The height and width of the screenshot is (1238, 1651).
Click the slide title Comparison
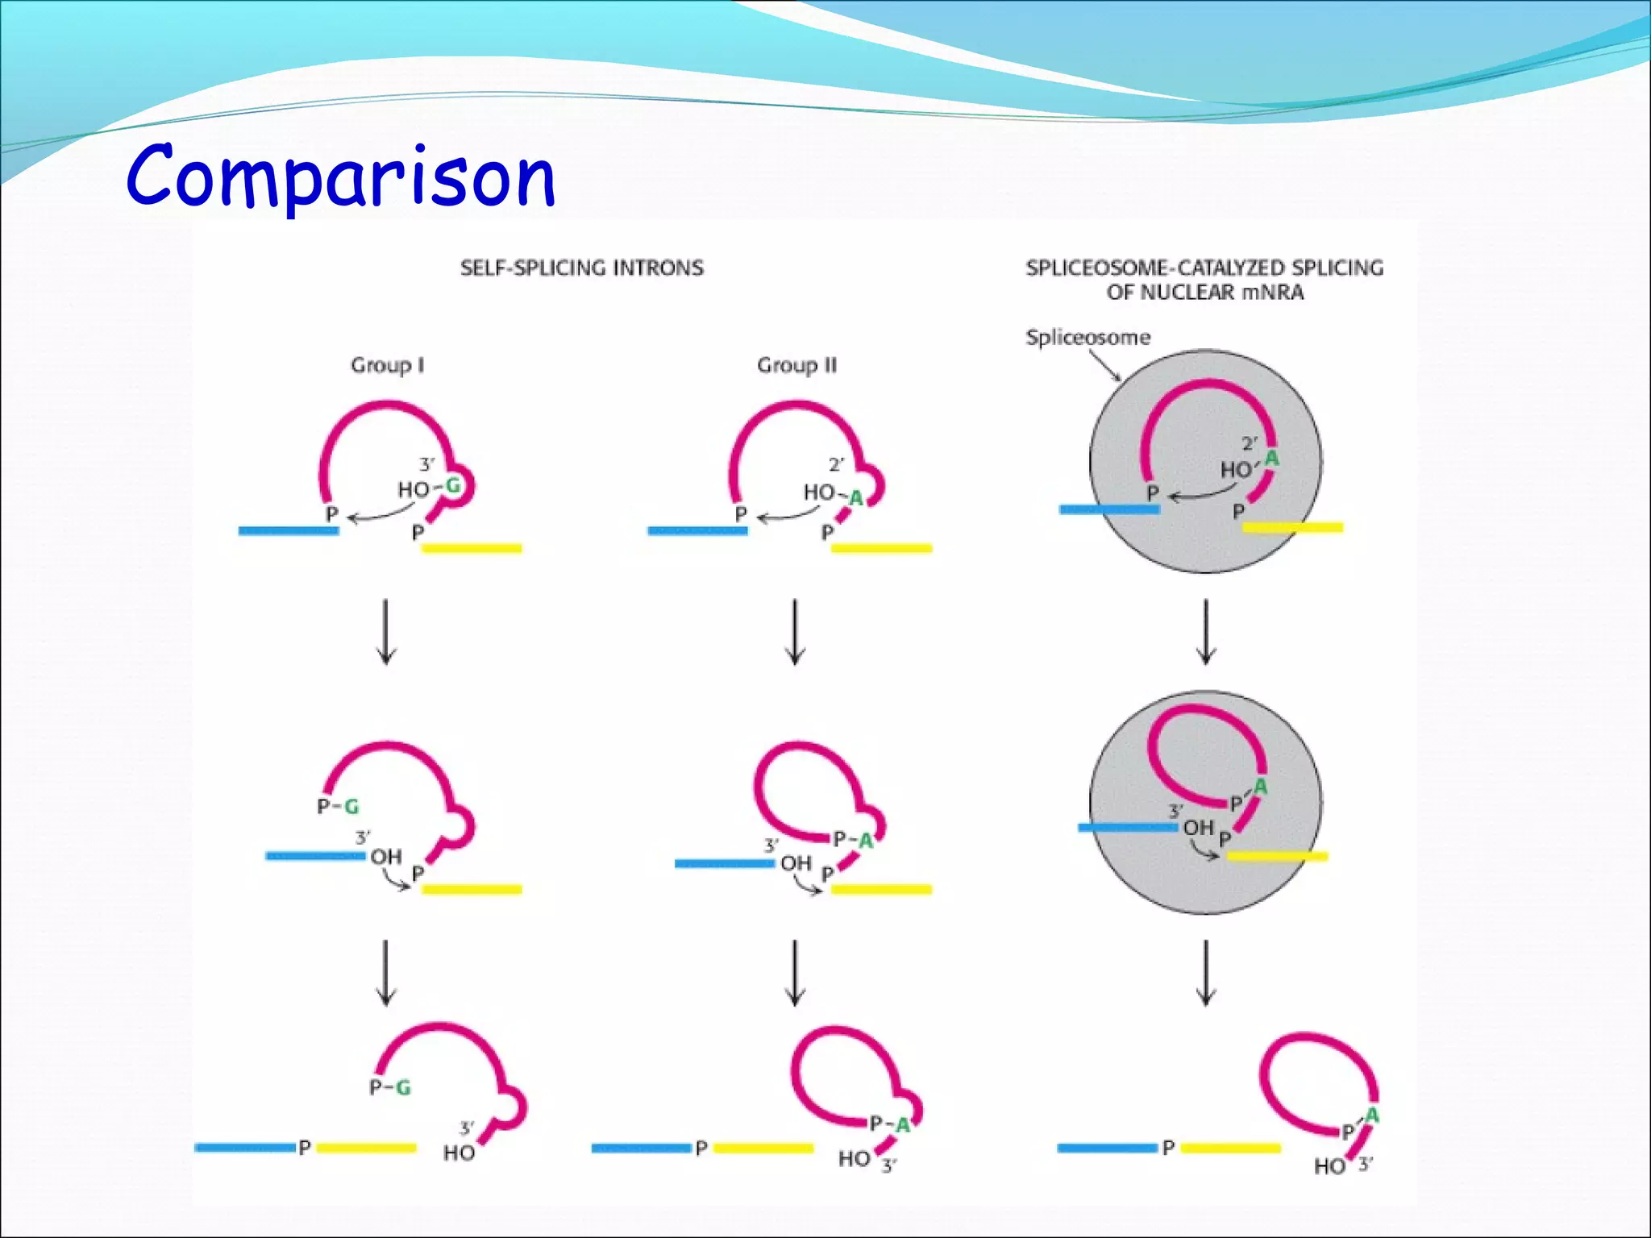tap(340, 177)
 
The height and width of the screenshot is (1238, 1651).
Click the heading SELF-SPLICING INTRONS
tap(581, 268)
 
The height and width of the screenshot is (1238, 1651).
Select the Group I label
tap(387, 366)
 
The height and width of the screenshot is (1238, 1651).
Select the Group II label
tap(796, 366)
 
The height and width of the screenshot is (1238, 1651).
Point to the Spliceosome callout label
tap(1087, 337)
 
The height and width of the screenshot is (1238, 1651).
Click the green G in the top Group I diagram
tap(452, 485)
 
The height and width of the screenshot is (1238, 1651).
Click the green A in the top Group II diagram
tap(856, 499)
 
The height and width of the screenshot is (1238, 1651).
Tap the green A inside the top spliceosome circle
tap(1271, 459)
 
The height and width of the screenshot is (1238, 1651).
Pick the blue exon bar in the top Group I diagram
tap(288, 530)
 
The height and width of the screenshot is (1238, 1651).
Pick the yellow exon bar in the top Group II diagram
tap(881, 548)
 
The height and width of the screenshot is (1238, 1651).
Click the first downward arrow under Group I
tap(386, 631)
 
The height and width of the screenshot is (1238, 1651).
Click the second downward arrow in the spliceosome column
tap(1206, 972)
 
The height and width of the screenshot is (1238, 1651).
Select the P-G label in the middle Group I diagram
tap(338, 806)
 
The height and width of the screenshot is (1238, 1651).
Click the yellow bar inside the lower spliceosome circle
tap(1276, 856)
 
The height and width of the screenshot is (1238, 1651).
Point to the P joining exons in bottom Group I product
tap(305, 1148)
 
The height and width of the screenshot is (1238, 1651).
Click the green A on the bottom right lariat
tap(1371, 1115)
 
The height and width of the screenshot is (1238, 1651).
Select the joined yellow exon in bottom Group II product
tap(763, 1148)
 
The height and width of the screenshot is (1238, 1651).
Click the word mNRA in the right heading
tap(1272, 293)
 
